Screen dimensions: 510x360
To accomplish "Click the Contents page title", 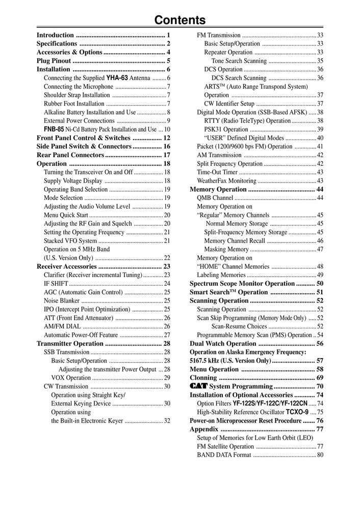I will pyautogui.click(x=180, y=20).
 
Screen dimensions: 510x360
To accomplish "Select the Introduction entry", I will pyautogui.click(x=55, y=35).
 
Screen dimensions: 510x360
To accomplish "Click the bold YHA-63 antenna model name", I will pyautogui.click(x=117, y=78).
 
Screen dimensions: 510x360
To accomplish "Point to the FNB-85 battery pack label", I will pyautogui.click(x=54, y=130).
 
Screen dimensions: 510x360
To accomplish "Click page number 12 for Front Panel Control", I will pyautogui.click(x=166, y=138).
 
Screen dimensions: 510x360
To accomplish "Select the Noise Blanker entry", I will pyautogui.click(x=62, y=301).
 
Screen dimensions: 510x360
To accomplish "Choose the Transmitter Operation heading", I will pyautogui.click(x=74, y=344).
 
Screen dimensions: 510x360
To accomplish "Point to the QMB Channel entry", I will pyautogui.click(x=215, y=198).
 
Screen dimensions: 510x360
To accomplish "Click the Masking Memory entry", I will pyautogui.click(x=226, y=249).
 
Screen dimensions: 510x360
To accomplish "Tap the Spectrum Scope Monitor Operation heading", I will pyautogui.click(x=242, y=284).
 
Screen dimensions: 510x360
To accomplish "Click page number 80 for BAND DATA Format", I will pyautogui.click(x=320, y=455).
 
